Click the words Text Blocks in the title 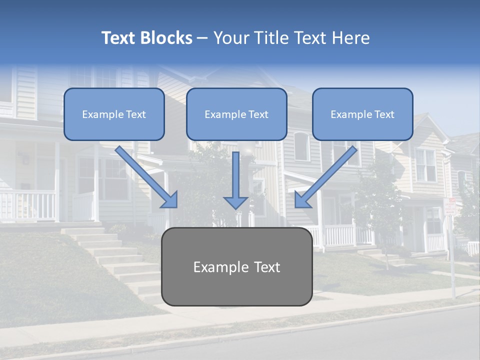pyautogui.click(x=146, y=38)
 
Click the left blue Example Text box pyautogui.click(x=114, y=114)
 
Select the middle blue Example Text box pyautogui.click(x=236, y=114)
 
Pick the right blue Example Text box pyautogui.click(x=362, y=114)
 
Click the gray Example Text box pyautogui.click(x=236, y=267)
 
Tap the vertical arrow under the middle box pyautogui.click(x=235, y=175)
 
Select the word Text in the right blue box pyautogui.click(x=384, y=114)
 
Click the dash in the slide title pyautogui.click(x=202, y=38)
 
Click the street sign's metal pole pyautogui.click(x=452, y=260)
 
